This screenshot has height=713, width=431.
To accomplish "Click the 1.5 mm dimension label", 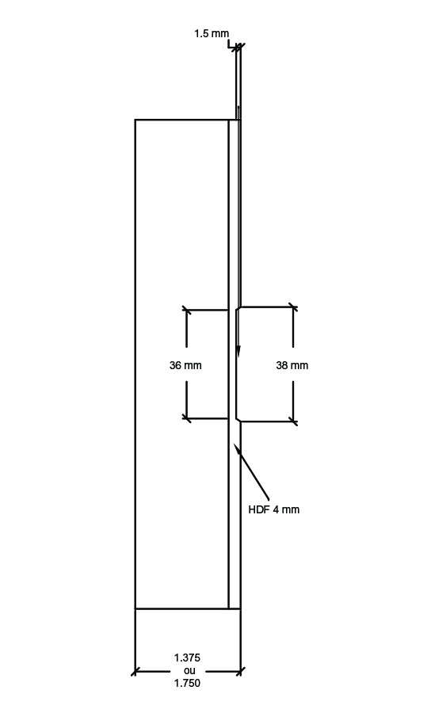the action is pos(212,33).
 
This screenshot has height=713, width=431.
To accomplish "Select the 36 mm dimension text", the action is pos(185,365).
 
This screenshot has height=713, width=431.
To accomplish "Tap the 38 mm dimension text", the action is pos(292,365).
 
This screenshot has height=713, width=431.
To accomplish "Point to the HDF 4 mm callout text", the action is pos(273,509).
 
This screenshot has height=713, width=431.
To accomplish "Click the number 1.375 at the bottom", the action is pos(187,658).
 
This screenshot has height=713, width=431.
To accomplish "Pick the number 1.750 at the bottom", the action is pos(187,683).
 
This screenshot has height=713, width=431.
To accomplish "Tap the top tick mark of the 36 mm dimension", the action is pos(186,310).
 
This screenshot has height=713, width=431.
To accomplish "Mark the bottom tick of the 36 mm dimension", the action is pos(186,418).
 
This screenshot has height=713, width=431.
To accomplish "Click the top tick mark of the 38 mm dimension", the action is pos(293,307).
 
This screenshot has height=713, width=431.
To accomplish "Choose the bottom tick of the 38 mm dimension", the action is pos(293,421).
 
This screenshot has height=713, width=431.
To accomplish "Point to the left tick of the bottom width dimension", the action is pos(135,671).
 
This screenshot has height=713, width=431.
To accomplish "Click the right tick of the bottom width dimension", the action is pos(241,671).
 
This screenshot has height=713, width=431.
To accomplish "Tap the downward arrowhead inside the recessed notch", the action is pos(238,351).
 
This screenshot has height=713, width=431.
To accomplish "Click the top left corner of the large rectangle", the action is pos(135,120).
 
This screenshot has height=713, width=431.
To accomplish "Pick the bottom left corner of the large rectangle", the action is pos(135,608).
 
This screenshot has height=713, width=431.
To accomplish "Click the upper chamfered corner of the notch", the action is pos(238,309).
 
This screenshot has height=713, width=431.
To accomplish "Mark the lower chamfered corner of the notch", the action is pos(238,419).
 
